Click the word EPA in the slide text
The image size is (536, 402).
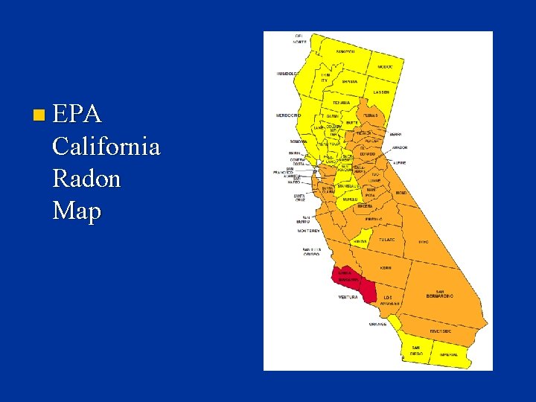click(x=78, y=115)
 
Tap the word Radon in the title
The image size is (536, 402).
click(x=86, y=179)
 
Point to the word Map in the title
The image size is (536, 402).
click(x=77, y=211)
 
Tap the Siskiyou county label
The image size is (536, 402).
click(x=345, y=52)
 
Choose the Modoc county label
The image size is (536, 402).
click(x=384, y=66)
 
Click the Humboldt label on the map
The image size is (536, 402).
click(x=287, y=74)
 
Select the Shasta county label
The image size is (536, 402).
click(x=349, y=81)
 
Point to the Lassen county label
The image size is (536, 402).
click(x=381, y=92)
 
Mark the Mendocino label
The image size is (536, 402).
click(x=287, y=115)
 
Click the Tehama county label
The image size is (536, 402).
click(x=341, y=102)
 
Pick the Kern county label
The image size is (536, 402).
click(x=385, y=267)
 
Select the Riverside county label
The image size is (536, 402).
click(x=441, y=331)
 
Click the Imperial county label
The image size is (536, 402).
click(x=448, y=354)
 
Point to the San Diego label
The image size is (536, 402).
click(x=415, y=350)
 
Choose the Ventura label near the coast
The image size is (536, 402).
click(x=348, y=297)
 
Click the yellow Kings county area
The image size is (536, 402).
click(x=361, y=241)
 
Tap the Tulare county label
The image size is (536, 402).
click(x=386, y=240)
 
